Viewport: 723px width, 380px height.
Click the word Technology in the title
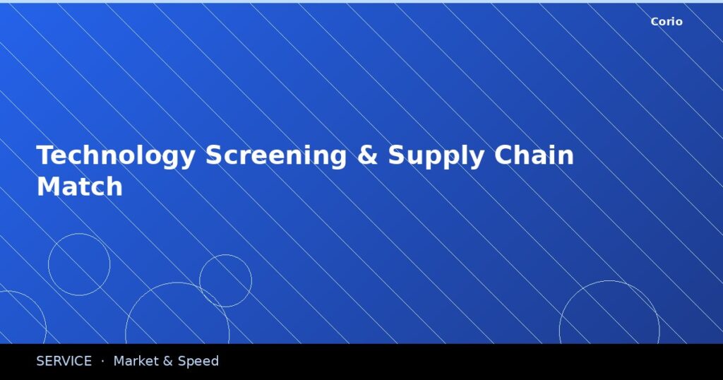(114, 156)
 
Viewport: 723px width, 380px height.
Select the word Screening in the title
(276, 156)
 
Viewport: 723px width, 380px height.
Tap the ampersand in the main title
(367, 156)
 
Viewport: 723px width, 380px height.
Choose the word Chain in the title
(534, 155)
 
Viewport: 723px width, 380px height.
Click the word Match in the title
(80, 187)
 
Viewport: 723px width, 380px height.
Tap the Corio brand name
(667, 22)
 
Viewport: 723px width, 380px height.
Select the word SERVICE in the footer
(64, 362)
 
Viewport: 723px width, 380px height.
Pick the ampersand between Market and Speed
(168, 362)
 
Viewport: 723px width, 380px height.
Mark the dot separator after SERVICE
(102, 362)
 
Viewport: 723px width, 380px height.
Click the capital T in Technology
(45, 156)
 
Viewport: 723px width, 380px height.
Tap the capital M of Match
(47, 187)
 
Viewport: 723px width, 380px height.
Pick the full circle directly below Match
(79, 264)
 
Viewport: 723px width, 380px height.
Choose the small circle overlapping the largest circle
(225, 281)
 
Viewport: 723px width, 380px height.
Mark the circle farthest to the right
(609, 318)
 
